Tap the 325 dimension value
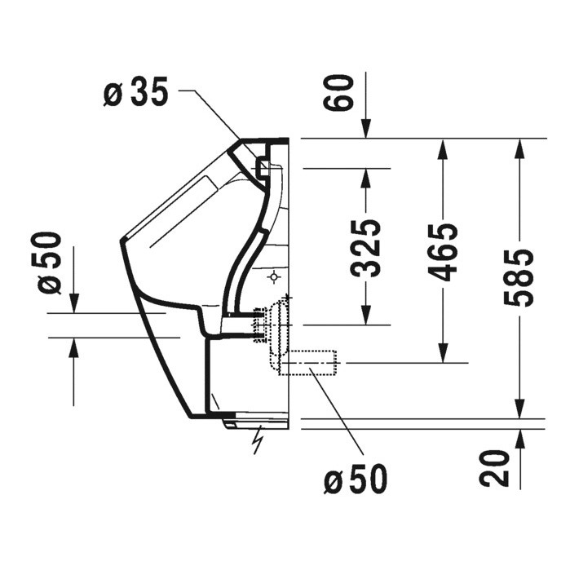369,249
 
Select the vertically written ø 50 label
51,263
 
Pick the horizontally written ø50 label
356,480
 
